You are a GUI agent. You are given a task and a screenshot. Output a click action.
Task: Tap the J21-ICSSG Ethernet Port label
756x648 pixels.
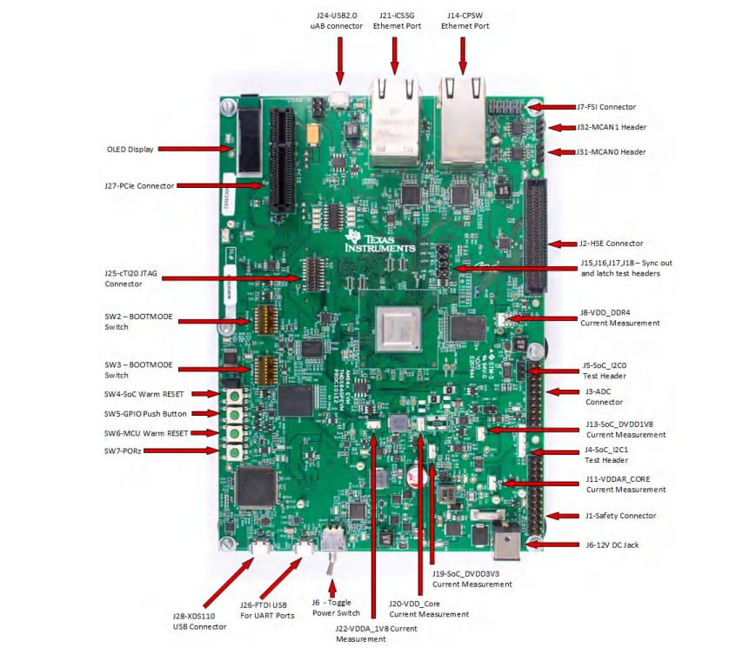click(397, 20)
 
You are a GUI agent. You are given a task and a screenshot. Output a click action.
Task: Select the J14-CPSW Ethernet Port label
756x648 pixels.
click(465, 20)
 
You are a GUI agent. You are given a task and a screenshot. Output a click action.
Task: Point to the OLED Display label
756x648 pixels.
click(130, 149)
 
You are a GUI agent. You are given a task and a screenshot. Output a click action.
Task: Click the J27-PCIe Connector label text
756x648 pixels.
click(139, 185)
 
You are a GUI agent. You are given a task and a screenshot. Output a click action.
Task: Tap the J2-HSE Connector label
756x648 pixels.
click(611, 244)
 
